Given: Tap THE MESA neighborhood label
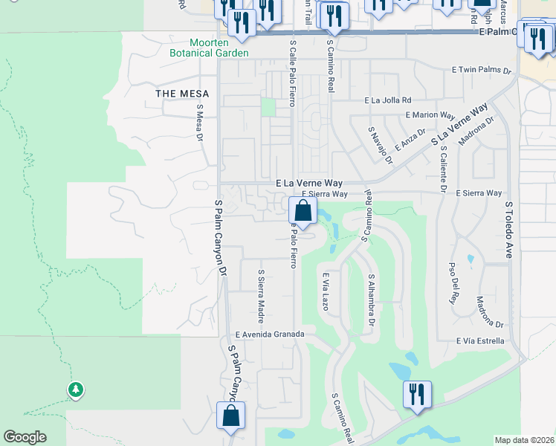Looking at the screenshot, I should (x=182, y=94).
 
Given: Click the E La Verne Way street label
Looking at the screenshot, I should (x=309, y=182).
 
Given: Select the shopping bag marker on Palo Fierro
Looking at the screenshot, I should (x=302, y=210).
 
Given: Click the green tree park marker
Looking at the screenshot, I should (x=75, y=390).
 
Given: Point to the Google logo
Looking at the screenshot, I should (x=25, y=437).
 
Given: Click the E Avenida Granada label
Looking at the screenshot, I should (x=269, y=334).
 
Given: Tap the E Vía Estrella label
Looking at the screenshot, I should (x=480, y=341).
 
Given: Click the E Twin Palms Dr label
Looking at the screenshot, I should (x=482, y=71).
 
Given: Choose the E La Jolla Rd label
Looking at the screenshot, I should (x=387, y=100).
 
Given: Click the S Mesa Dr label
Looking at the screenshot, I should (x=199, y=123).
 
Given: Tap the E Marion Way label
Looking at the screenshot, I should (x=430, y=115).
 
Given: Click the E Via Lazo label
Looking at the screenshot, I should (x=325, y=291).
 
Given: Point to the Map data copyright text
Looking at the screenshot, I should (x=525, y=440).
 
